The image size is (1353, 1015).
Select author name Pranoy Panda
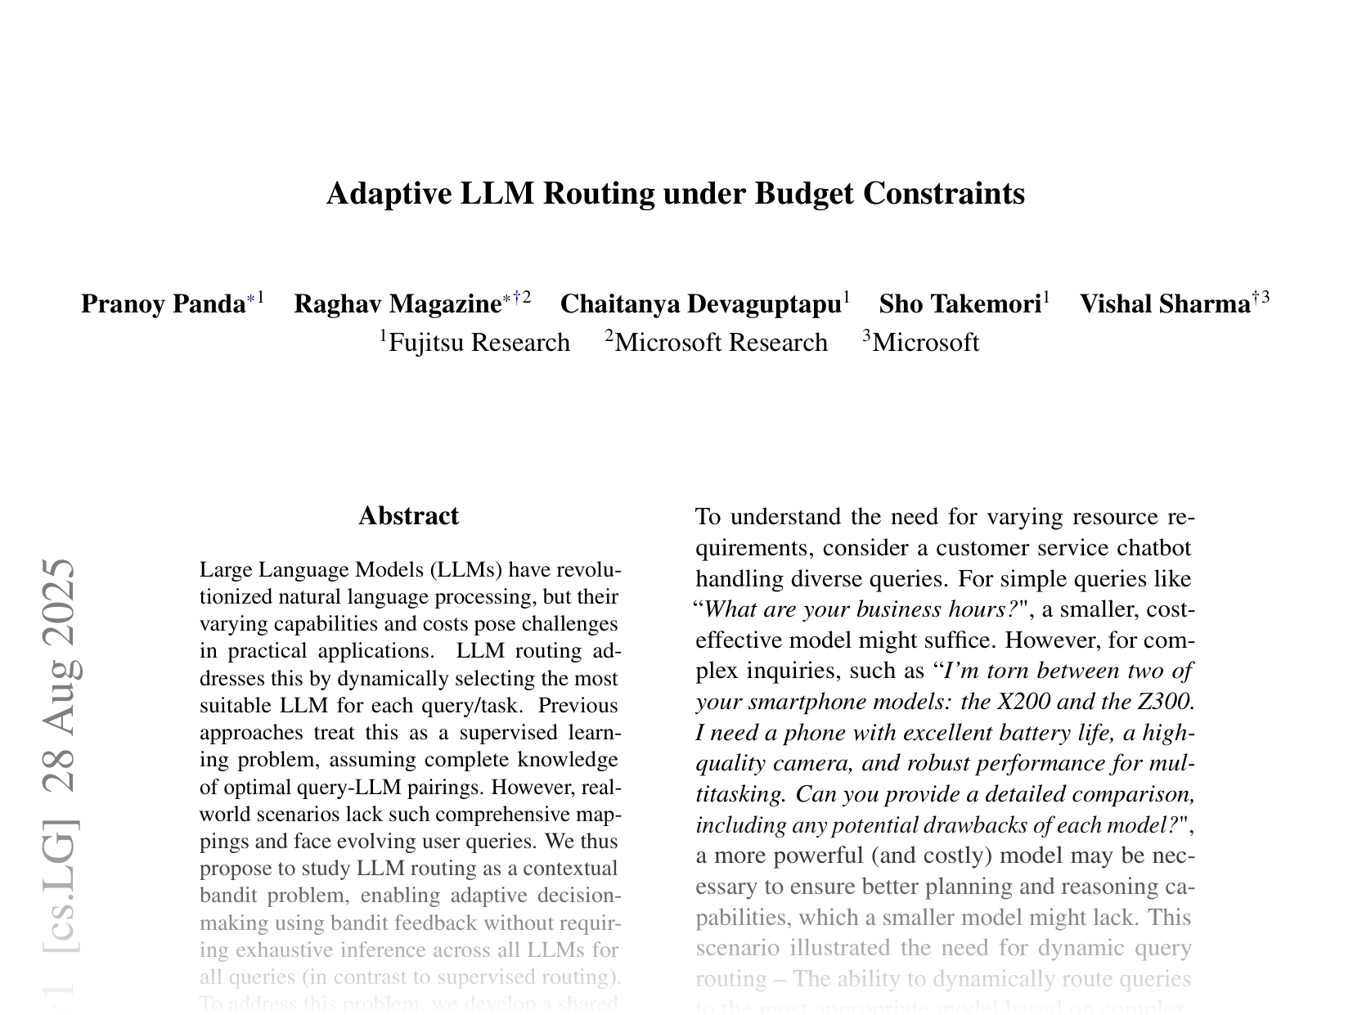(163, 304)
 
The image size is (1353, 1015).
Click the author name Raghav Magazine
(397, 304)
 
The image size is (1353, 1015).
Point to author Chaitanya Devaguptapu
(700, 304)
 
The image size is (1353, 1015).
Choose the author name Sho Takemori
(960, 304)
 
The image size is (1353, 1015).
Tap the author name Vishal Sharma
(1165, 304)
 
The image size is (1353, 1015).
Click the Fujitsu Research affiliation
(479, 342)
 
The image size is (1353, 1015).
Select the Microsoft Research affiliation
(721, 342)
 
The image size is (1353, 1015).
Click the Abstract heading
(408, 516)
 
